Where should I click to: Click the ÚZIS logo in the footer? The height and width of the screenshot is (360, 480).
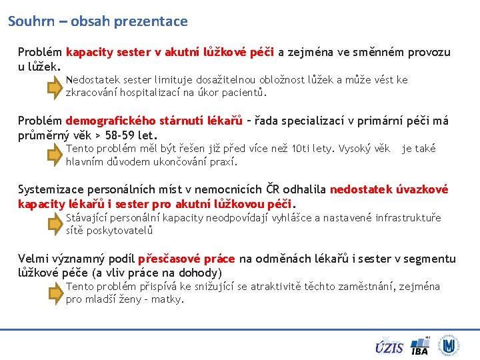389,347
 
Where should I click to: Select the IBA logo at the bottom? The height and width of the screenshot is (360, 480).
420,346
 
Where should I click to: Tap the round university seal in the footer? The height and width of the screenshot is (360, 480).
449,345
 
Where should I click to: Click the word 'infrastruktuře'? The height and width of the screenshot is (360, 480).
408,218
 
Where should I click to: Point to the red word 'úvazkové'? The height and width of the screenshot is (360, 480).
423,189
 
